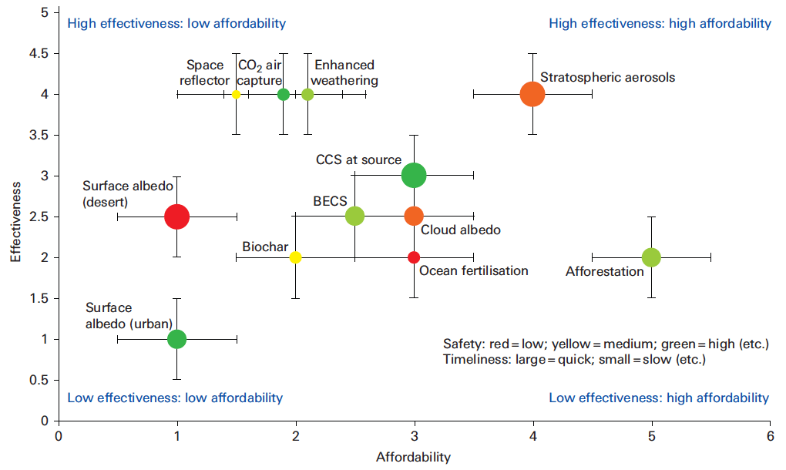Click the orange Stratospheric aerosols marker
[532, 94]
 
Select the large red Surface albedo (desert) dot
[177, 217]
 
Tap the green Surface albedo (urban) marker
[177, 339]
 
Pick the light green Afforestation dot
[651, 257]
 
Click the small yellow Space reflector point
[236, 94]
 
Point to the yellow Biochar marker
[296, 257]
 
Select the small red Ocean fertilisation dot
[414, 257]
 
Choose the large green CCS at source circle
[414, 176]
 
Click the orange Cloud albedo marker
[414, 217]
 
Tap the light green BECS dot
[355, 217]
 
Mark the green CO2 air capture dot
[284, 94]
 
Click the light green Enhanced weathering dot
[307, 94]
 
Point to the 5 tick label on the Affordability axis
[651, 436]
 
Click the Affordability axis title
[414, 457]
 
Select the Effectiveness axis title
[15, 222]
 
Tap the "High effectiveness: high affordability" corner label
[660, 24]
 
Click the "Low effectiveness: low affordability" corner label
[176, 398]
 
